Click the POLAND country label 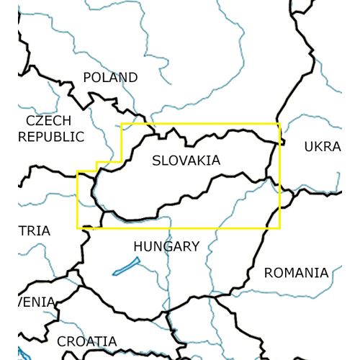click(110, 77)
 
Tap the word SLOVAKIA click(186, 161)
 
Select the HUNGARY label click(166, 246)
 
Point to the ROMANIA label click(296, 273)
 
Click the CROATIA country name click(87, 341)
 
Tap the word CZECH click(49, 120)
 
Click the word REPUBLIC click(51, 136)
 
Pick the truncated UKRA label click(322, 147)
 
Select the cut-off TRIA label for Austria click(34, 231)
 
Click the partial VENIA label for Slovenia click(36, 302)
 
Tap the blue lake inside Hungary click(123, 267)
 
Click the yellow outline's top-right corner click(279, 124)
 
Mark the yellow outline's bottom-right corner click(279, 228)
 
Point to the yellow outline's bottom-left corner click(77, 228)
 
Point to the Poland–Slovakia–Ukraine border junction click(276, 142)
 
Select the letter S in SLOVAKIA click(157, 161)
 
